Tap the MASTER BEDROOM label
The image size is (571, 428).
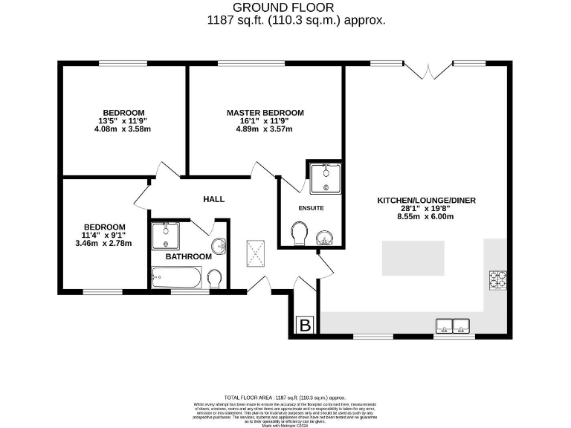coord(265,113)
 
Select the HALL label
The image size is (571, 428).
coord(214,199)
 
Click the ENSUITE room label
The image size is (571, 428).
coord(311,208)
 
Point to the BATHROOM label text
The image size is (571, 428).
coord(188,256)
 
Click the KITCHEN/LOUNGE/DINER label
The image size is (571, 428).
coord(426,201)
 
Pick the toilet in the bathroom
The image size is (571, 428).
coord(215,279)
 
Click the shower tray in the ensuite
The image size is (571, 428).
coord(326,178)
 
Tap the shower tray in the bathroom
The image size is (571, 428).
coord(164,236)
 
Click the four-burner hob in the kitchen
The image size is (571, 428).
coord(497,279)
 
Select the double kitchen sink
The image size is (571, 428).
coord(454,325)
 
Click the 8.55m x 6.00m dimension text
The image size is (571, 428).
coord(426,217)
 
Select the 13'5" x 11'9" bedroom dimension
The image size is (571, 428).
coord(123,121)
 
